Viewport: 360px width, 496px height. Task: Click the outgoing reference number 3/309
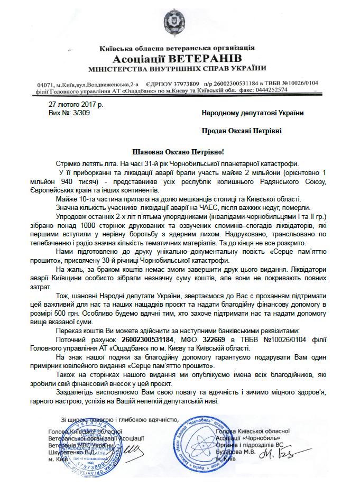[81, 113]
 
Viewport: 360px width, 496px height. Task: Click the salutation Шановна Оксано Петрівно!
[180, 152]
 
